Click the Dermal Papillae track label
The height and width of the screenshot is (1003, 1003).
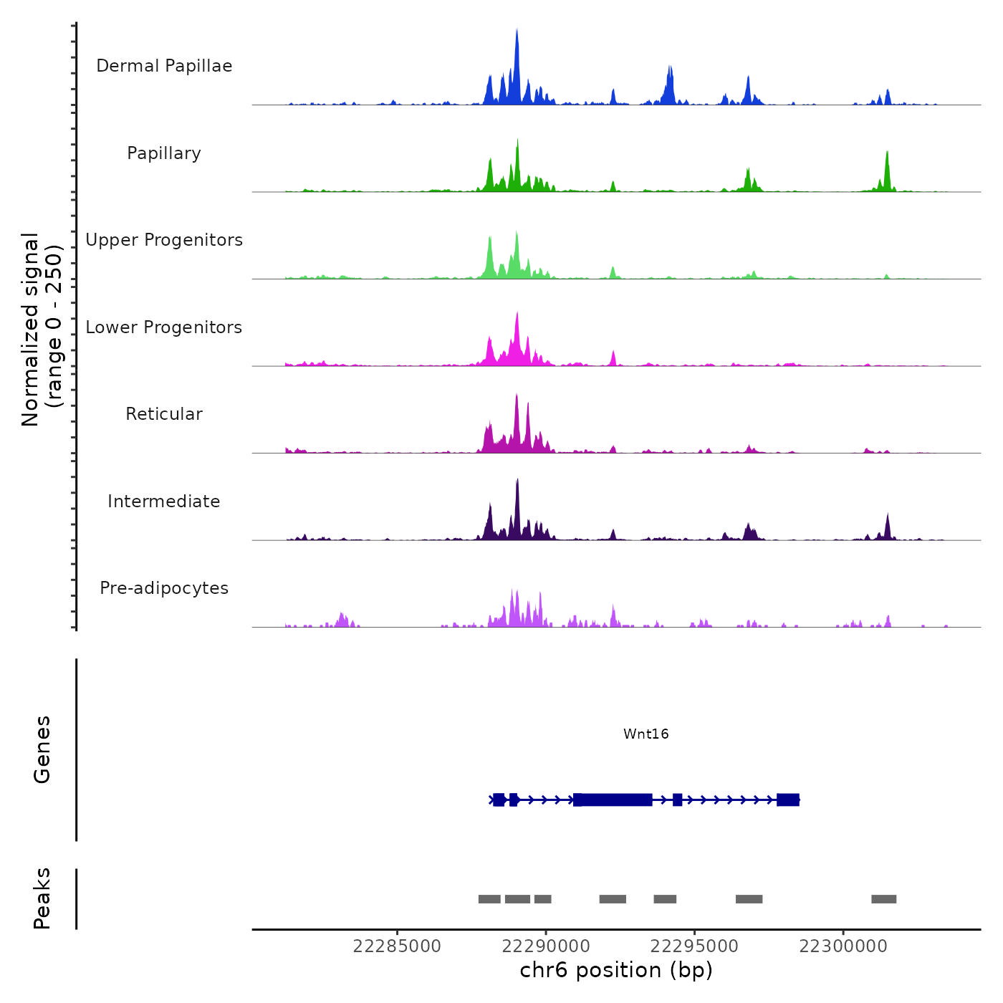click(164, 66)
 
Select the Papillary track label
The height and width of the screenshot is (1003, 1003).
click(164, 153)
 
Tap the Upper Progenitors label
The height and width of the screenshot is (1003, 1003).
click(164, 240)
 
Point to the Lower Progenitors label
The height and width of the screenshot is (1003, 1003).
click(164, 327)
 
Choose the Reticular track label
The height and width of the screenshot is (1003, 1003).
click(164, 414)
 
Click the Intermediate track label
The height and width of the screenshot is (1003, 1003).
click(164, 501)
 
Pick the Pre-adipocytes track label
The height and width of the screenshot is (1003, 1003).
click(164, 588)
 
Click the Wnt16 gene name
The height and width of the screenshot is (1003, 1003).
click(646, 734)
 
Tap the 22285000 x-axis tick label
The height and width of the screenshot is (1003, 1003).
click(397, 946)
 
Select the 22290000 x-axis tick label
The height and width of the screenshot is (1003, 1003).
click(546, 946)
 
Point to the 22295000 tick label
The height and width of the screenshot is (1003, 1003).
click(694, 946)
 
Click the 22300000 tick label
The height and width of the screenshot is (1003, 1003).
click(843, 946)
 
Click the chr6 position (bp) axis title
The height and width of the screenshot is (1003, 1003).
click(616, 971)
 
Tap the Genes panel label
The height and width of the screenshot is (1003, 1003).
click(42, 749)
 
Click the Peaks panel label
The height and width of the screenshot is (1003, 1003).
click(42, 898)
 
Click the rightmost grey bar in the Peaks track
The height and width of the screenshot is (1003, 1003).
click(883, 899)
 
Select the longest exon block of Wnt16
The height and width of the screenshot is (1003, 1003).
click(613, 800)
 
